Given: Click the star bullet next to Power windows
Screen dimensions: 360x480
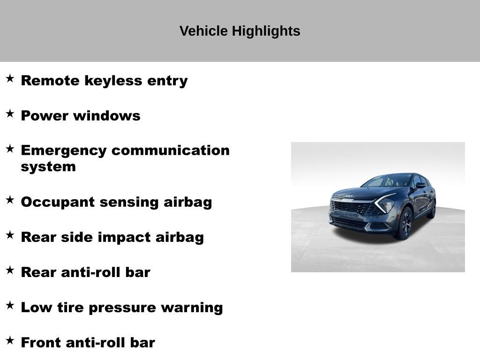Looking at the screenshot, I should (10, 113).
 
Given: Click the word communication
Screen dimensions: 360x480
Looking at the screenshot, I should (171, 150).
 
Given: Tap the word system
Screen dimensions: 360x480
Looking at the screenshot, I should (48, 167).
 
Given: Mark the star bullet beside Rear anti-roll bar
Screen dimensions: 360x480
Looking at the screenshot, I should (10, 270).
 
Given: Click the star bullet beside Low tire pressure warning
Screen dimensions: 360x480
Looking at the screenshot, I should (10, 305).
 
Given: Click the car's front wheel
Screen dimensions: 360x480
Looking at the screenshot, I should (405, 224).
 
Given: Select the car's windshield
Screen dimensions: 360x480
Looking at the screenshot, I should (389, 181).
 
